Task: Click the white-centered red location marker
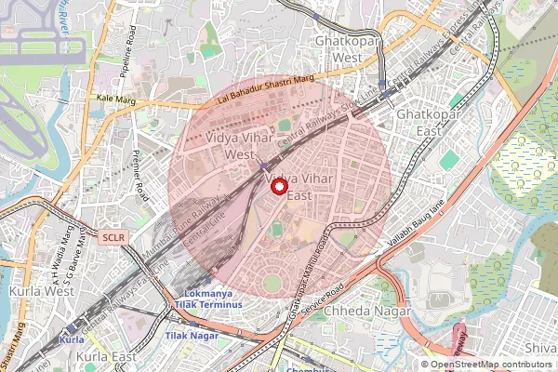[x=278, y=186]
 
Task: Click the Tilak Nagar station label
[x=192, y=335]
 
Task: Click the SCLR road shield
[x=113, y=237]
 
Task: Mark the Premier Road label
[x=141, y=177]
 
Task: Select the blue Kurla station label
[x=72, y=340]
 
